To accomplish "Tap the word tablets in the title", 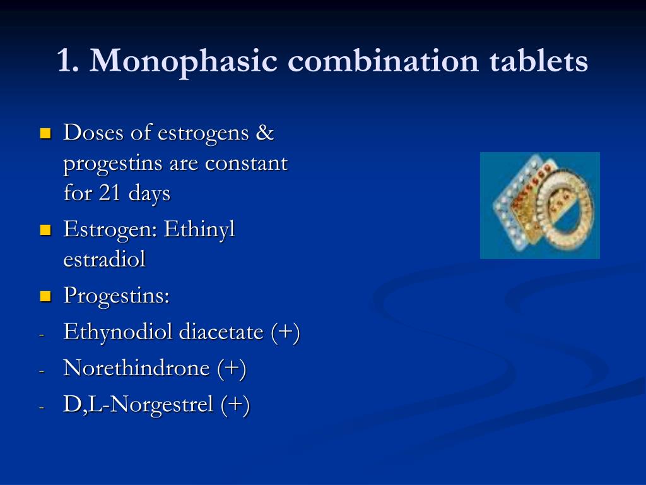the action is tap(539, 60).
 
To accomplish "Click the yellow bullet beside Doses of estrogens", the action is tap(45, 133).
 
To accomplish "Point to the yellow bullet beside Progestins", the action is tap(45, 296).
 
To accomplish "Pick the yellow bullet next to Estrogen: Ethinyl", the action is tap(45, 230).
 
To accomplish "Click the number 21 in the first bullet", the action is tap(109, 193).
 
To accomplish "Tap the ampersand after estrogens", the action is tap(264, 133).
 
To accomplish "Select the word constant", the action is tap(246, 164).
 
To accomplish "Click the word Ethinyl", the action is tap(199, 230).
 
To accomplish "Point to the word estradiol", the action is tap(104, 259).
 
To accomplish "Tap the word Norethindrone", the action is tap(136, 368).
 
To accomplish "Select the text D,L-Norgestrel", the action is tap(138, 405).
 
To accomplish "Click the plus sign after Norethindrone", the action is tap(232, 368).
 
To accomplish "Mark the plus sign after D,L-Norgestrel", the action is tap(235, 404).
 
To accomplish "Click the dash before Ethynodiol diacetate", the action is tap(42, 335).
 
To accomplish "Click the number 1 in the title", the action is tap(65, 61).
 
